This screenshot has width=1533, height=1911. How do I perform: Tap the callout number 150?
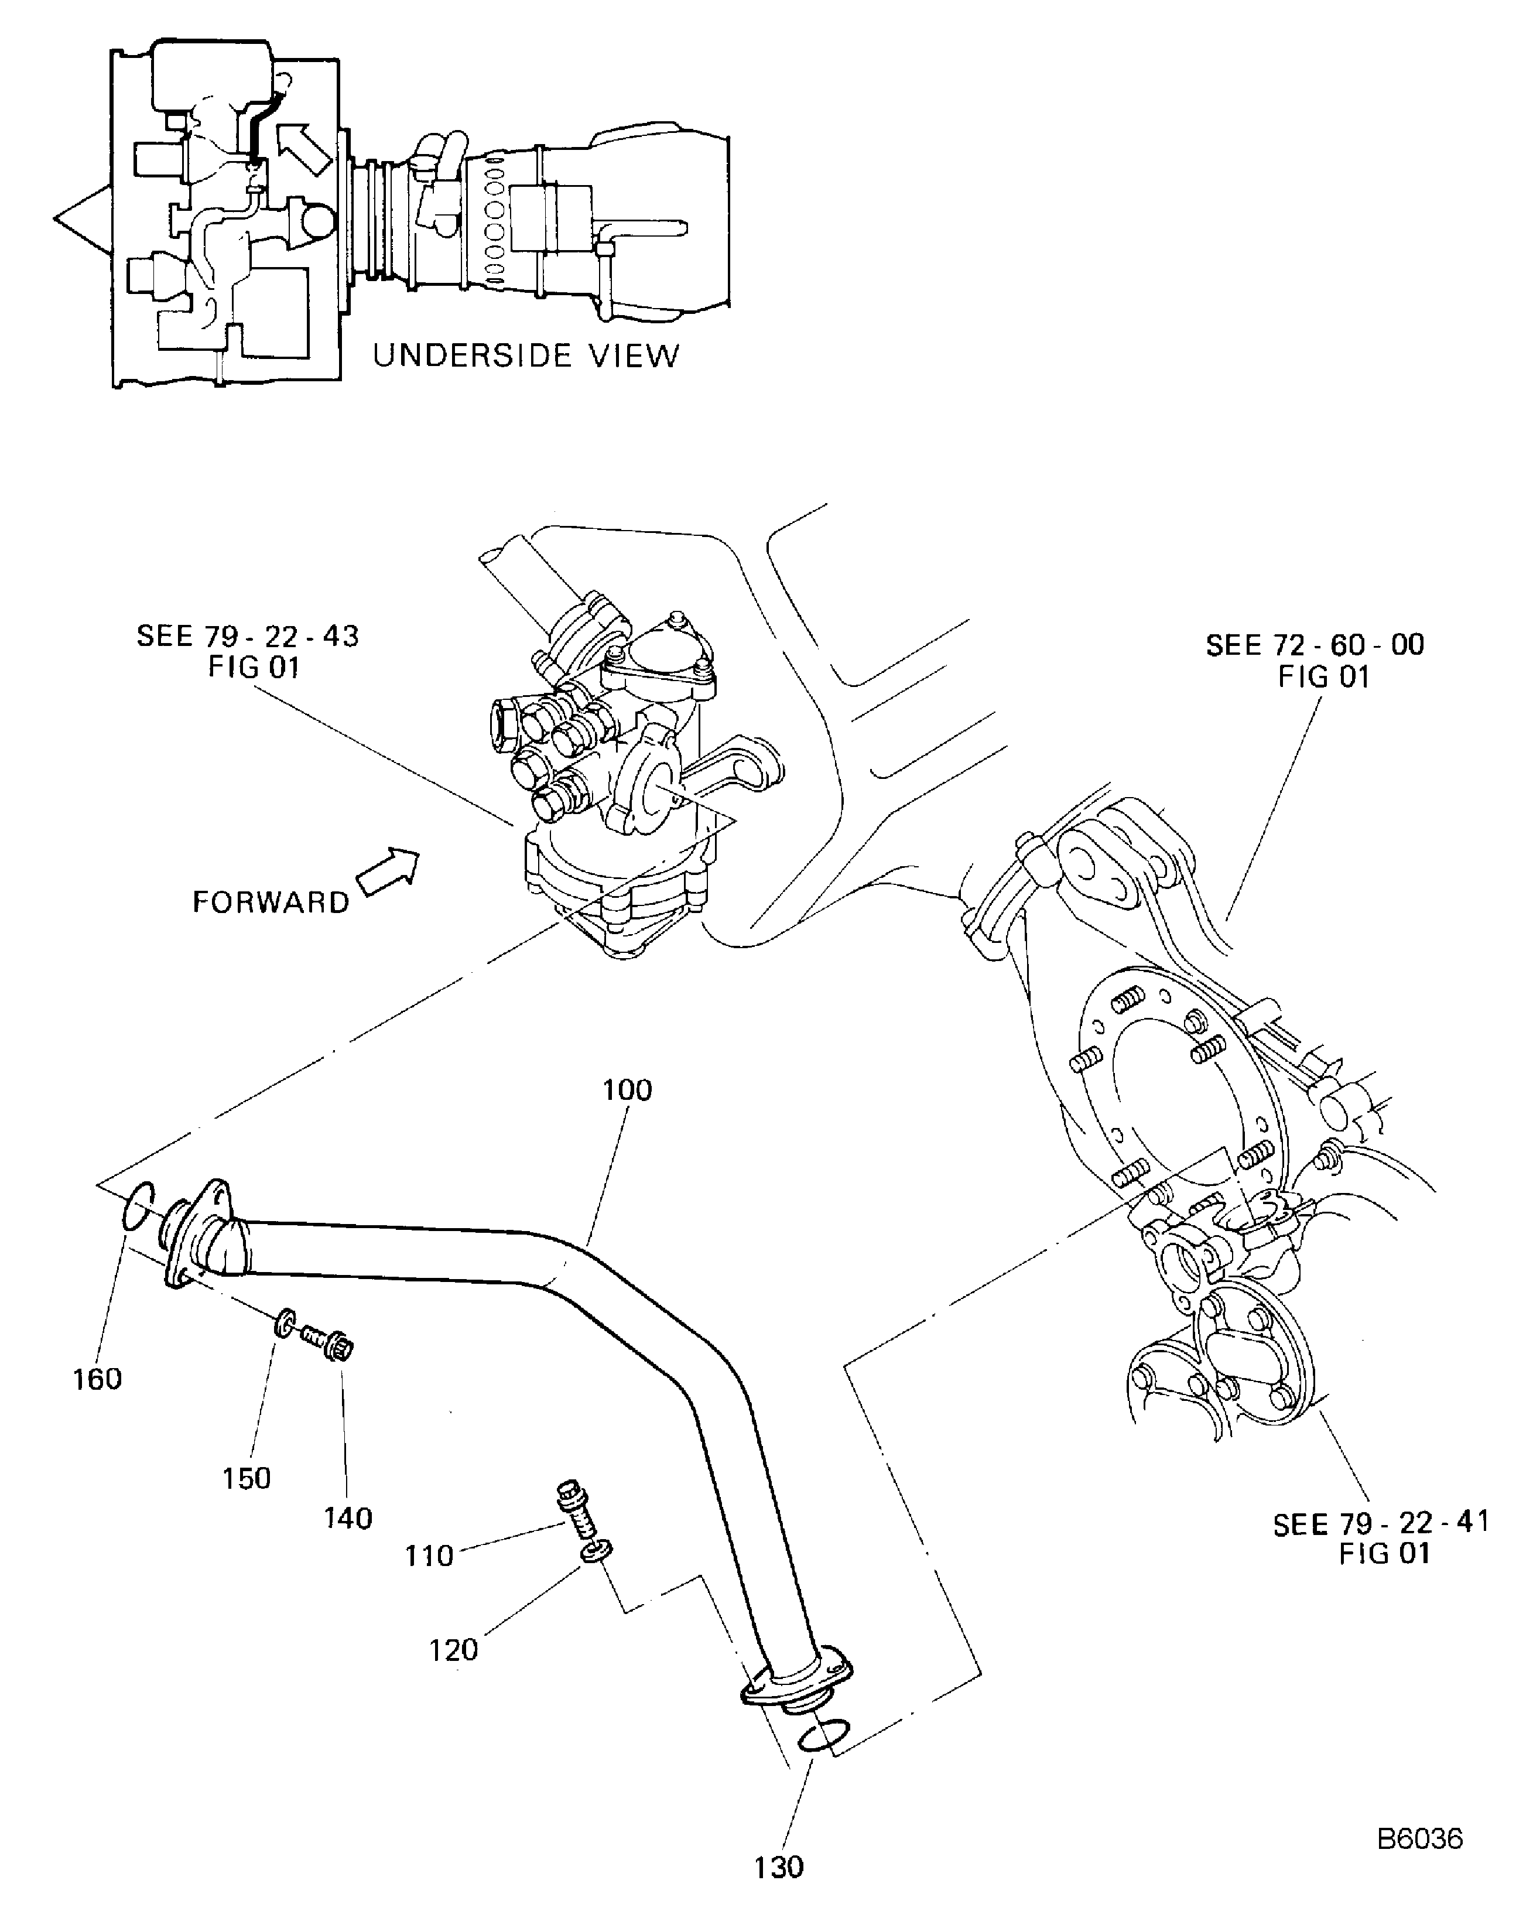[245, 1478]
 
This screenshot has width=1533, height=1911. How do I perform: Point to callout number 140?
[347, 1519]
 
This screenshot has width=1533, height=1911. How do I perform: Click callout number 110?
[429, 1556]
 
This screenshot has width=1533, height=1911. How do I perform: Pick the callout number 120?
[453, 1650]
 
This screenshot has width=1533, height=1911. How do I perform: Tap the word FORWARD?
[271, 902]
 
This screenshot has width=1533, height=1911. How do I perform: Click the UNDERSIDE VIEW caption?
[525, 355]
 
